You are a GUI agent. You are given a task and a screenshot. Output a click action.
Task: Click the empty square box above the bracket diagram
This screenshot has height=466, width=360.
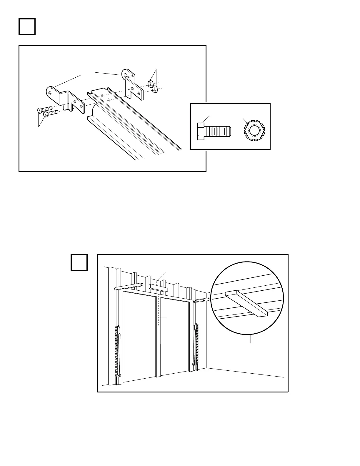pyautogui.click(x=27, y=27)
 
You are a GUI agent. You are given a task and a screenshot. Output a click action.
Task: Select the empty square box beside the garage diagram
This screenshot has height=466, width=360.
pyautogui.click(x=79, y=262)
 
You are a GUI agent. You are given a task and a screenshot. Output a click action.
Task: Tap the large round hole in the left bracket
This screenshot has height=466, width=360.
pyautogui.click(x=50, y=93)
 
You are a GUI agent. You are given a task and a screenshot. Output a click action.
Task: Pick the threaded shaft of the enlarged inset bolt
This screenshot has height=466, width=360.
pyautogui.click(x=218, y=132)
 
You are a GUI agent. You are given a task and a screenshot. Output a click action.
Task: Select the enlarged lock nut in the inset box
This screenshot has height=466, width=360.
pyautogui.click(x=254, y=130)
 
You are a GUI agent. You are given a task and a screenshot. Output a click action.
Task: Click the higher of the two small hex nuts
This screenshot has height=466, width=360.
pyautogui.click(x=150, y=84)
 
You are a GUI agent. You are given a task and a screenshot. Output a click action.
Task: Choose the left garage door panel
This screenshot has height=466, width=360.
pyautogui.click(x=139, y=335)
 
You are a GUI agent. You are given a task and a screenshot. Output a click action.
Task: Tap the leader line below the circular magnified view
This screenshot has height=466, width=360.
pyautogui.click(x=250, y=339)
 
